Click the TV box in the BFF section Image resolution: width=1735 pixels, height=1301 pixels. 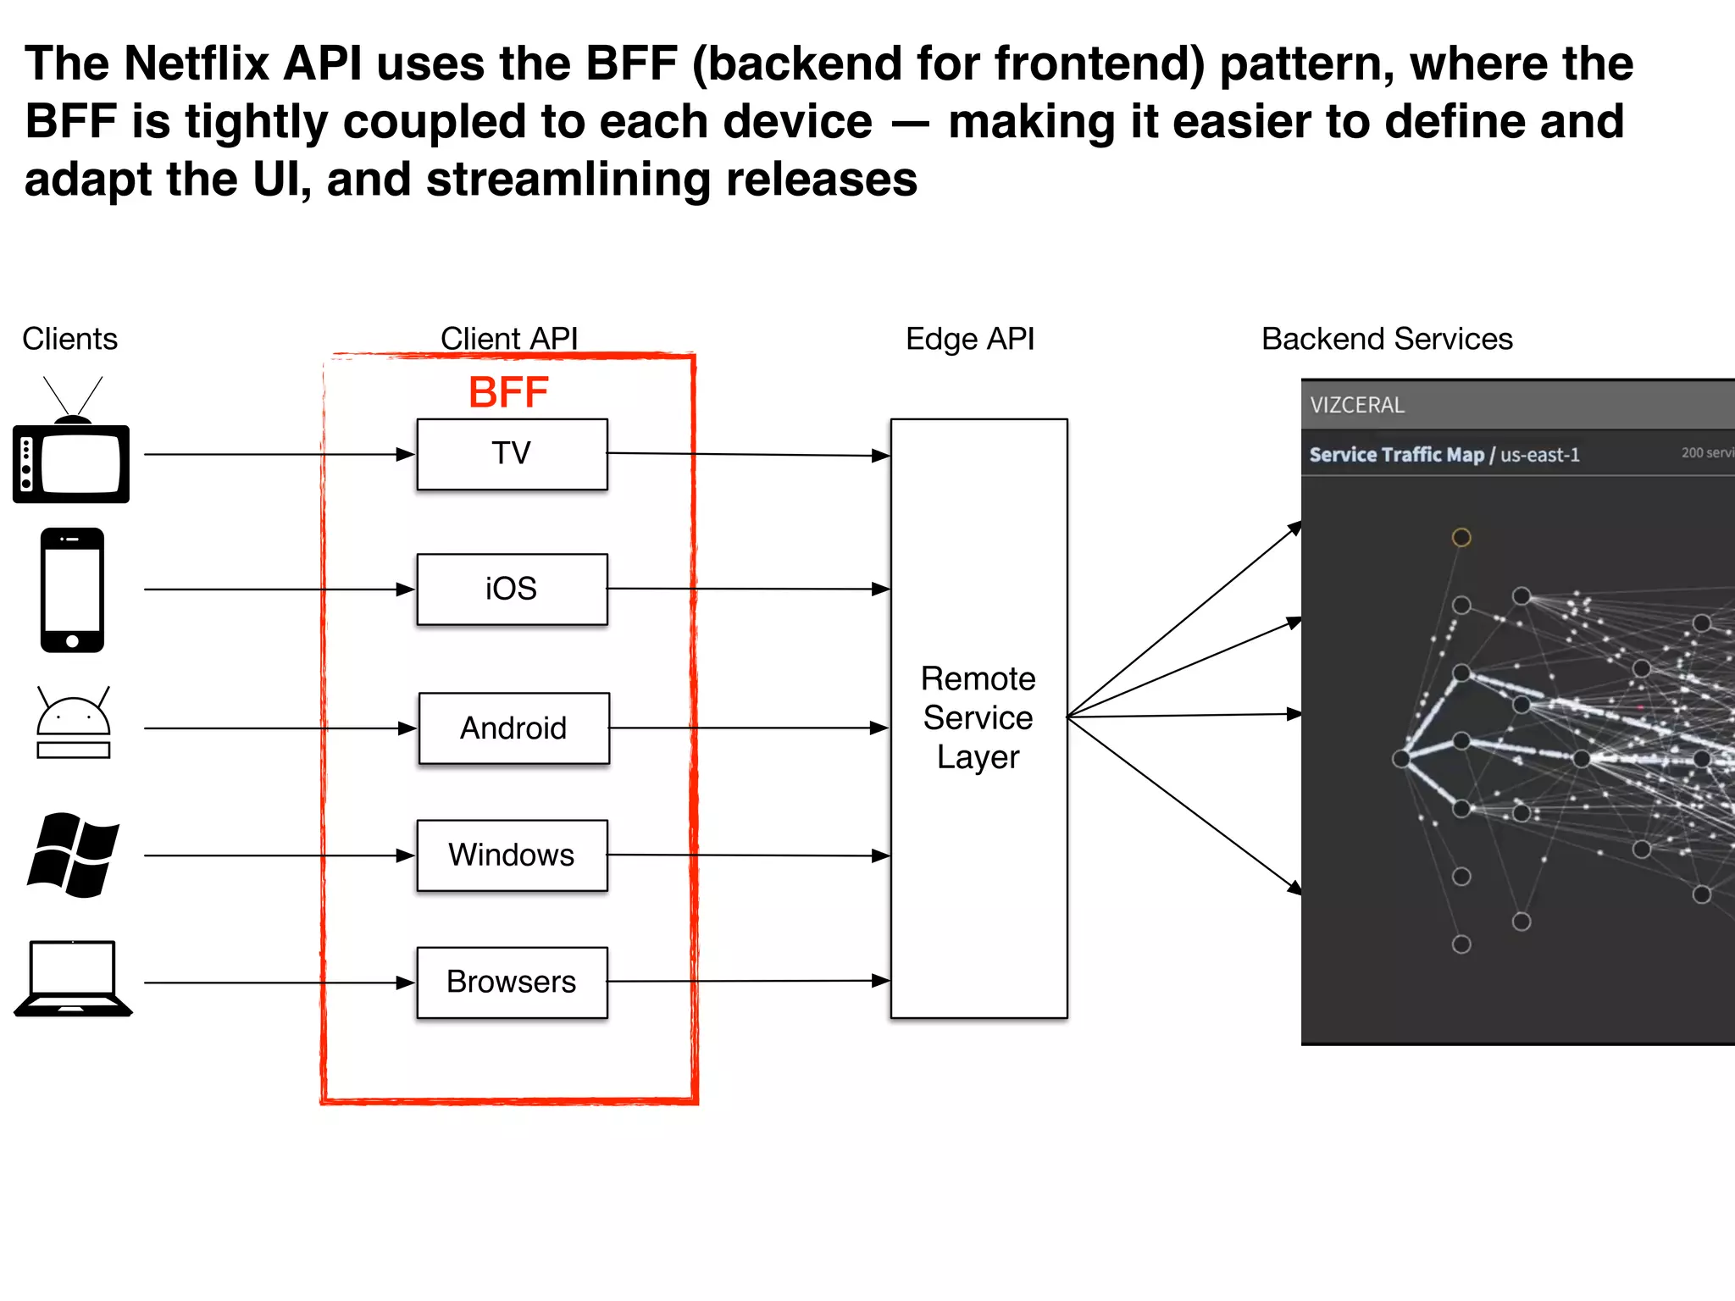pyautogui.click(x=512, y=454)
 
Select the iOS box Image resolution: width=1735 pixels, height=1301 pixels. pyautogui.click(x=512, y=589)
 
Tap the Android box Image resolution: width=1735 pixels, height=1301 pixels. pyautogui.click(x=513, y=728)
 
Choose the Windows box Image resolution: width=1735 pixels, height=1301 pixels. pyautogui.click(x=512, y=855)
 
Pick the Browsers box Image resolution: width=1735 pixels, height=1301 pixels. pyautogui.click(x=512, y=982)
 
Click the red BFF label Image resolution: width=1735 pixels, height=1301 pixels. pyautogui.click(x=508, y=393)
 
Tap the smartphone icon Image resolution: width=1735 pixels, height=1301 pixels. pyautogui.click(x=72, y=590)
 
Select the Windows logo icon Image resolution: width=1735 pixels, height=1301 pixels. pyautogui.click(x=73, y=855)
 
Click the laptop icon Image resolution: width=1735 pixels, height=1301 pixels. pyautogui.click(x=73, y=978)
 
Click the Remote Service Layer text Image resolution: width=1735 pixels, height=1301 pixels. pyautogui.click(x=978, y=717)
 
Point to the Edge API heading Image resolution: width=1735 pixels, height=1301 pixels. pyautogui.click(x=969, y=339)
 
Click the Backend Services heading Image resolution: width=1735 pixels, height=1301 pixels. pyautogui.click(x=1386, y=339)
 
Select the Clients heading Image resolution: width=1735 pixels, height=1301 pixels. pyautogui.click(x=69, y=339)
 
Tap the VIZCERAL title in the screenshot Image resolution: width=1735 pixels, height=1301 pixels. pyautogui.click(x=1357, y=405)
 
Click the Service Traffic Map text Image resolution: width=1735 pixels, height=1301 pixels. pyautogui.click(x=1396, y=455)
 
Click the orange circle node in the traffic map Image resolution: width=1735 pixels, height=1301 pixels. pyautogui.click(x=1461, y=537)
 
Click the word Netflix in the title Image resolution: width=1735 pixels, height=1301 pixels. pyautogui.click(x=197, y=64)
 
